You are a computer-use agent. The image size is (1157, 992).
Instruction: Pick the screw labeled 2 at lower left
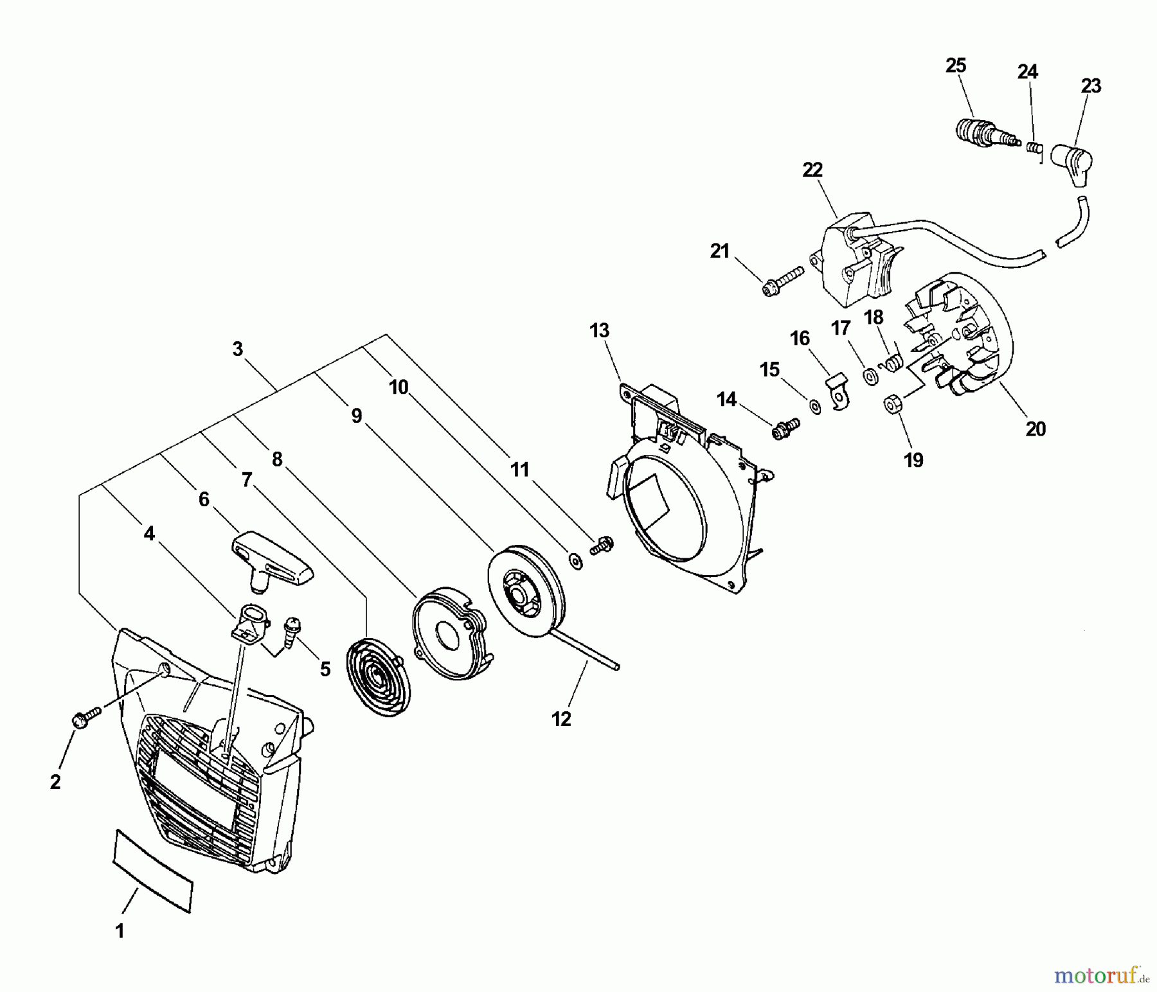(85, 717)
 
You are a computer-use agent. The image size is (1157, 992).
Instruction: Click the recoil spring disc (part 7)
(373, 673)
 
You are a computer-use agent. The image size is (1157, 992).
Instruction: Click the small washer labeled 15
(815, 407)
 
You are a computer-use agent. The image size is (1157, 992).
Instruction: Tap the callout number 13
(599, 331)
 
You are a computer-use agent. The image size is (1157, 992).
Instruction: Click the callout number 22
(812, 170)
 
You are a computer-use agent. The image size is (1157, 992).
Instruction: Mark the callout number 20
(1036, 429)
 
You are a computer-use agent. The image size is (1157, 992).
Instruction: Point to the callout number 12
(561, 719)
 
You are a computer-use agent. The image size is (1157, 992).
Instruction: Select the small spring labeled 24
(1033, 148)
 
